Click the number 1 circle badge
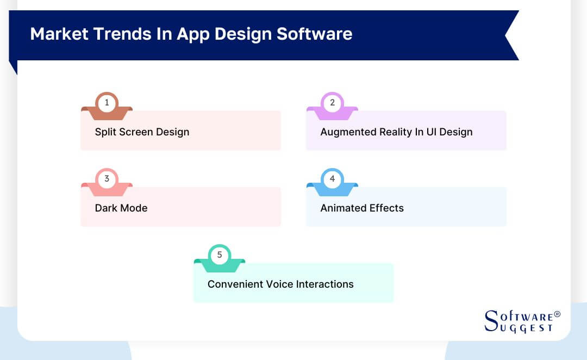pos(107,102)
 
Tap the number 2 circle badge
pos(332,102)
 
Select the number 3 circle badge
pos(107,178)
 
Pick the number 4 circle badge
pos(332,178)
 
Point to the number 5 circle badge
pos(220,255)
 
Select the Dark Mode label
pos(121,208)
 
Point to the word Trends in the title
pos(117,34)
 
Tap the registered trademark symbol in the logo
pos(557,314)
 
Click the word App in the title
pos(193,34)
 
